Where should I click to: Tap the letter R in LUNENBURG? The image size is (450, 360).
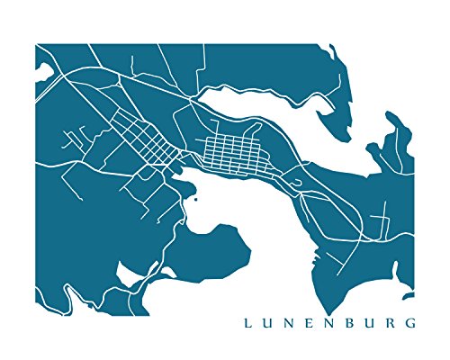tap(395, 321)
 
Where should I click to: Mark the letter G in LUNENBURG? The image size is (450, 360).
tap(415, 321)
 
